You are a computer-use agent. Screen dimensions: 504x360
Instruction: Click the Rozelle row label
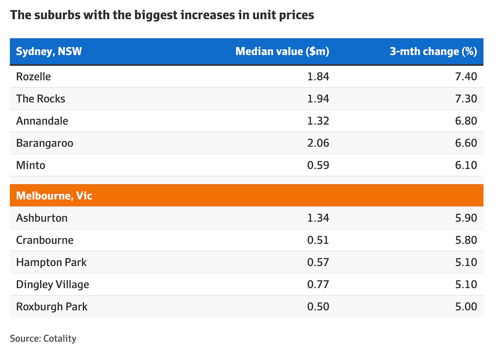tap(34, 77)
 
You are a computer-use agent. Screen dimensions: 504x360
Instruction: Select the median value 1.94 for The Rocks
tap(318, 99)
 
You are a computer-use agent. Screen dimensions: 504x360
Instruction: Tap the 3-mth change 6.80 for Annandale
tap(466, 121)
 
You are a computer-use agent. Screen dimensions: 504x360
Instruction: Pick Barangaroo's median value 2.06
tap(318, 143)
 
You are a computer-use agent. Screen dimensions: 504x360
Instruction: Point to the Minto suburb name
tap(30, 165)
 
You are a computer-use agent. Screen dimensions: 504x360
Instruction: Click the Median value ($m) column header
tap(282, 51)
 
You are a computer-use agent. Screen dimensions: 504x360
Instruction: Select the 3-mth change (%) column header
tap(433, 51)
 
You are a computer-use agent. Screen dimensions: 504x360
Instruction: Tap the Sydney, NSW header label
tap(49, 51)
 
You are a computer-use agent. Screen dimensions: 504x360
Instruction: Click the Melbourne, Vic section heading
tap(54, 196)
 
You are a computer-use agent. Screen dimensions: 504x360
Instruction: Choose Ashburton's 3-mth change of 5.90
tap(466, 218)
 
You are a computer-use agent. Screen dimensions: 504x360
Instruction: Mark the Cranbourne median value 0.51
tap(318, 240)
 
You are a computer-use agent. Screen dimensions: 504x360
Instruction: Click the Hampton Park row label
tap(51, 262)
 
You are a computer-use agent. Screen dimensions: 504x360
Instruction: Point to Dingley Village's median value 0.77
tap(318, 285)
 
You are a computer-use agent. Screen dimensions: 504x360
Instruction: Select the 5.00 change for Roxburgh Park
tap(466, 307)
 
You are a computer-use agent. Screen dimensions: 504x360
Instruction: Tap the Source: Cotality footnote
tap(43, 339)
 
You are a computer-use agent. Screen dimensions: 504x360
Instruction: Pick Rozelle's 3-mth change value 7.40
tap(466, 77)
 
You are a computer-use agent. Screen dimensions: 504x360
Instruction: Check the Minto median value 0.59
tap(318, 165)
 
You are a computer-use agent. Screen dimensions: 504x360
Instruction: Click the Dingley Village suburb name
tap(52, 285)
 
